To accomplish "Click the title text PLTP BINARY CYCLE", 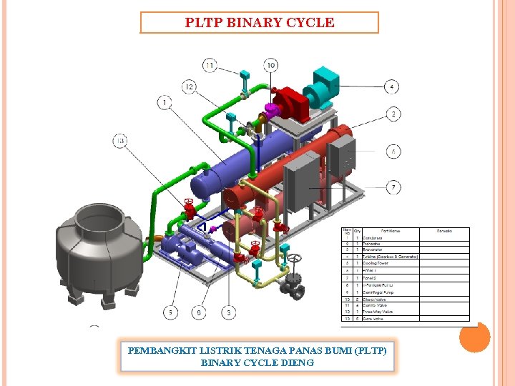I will click(x=259, y=22).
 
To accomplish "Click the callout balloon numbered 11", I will click(x=210, y=66).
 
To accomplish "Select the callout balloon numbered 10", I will click(x=271, y=66).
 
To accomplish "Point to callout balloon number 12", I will click(x=189, y=86).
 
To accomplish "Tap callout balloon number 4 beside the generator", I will click(x=392, y=87).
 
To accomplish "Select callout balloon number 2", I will click(x=393, y=114).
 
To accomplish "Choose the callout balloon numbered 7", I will click(x=393, y=187).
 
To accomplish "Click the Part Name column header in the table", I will click(x=391, y=231).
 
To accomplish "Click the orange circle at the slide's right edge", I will click(x=474, y=337).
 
